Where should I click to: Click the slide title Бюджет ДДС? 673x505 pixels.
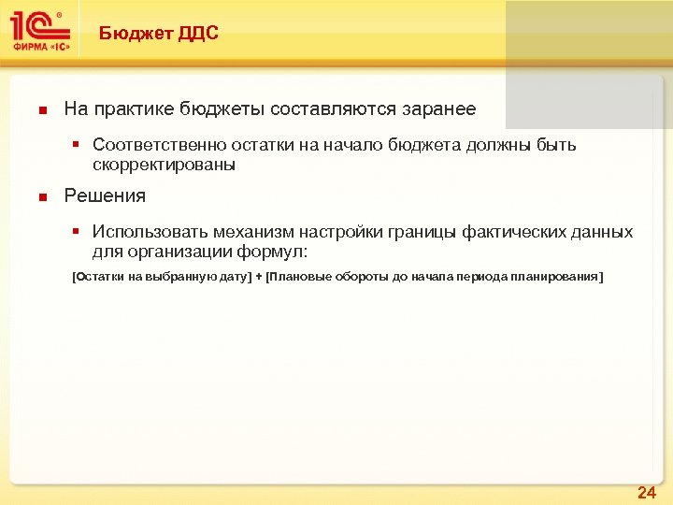coord(159,34)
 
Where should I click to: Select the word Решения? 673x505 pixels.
coord(105,195)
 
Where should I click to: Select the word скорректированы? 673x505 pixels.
coord(165,165)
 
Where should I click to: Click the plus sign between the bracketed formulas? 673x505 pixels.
coord(259,278)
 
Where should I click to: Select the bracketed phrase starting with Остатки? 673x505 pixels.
coord(162,278)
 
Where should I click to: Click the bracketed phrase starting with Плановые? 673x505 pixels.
coord(435,278)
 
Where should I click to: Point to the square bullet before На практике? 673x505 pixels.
coord(41,110)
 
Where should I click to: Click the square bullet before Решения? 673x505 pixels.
coord(41,196)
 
